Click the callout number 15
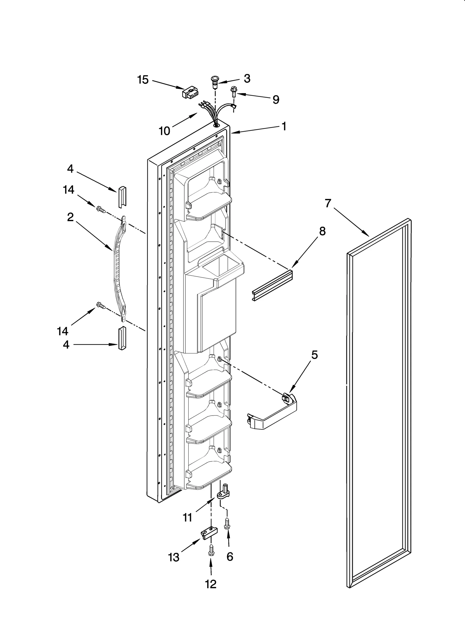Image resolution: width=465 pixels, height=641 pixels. (x=143, y=80)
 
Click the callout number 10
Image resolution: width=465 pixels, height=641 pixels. (x=164, y=131)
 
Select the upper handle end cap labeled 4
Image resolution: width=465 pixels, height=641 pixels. (x=122, y=196)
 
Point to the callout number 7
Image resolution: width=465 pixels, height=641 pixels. (x=328, y=203)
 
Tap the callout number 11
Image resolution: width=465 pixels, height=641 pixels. (x=187, y=517)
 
